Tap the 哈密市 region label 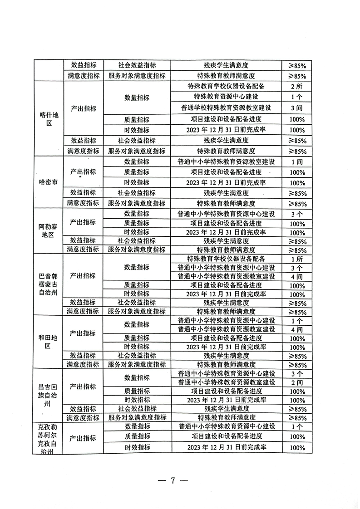coord(49,183)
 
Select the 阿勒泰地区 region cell coord(49,231)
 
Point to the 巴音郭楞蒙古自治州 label coord(49,284)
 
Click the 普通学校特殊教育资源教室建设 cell coord(226,108)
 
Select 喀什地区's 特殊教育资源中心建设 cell coord(226,97)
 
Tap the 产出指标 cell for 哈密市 coord(84,172)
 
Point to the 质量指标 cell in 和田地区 coord(137,338)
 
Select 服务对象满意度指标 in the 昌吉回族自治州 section coord(137,417)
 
